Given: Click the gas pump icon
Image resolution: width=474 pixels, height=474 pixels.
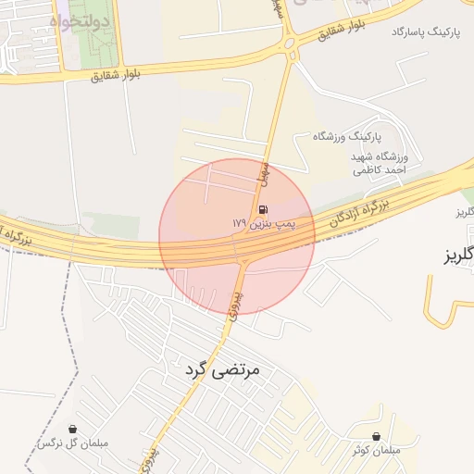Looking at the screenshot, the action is point(265,208).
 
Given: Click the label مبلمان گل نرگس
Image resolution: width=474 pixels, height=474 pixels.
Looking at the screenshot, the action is point(72,444).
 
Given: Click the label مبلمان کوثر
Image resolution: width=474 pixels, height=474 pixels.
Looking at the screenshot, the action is point(376,450).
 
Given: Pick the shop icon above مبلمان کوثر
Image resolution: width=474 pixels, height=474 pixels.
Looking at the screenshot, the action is point(376,436).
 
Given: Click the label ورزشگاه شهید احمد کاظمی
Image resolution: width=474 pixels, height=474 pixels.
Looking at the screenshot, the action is point(380,163).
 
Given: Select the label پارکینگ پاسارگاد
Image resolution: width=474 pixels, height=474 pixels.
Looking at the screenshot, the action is point(425,32).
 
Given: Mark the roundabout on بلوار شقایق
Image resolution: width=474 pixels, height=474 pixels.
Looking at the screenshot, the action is point(288,41).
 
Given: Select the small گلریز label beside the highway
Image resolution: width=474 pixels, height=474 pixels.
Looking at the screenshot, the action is point(466,213).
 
